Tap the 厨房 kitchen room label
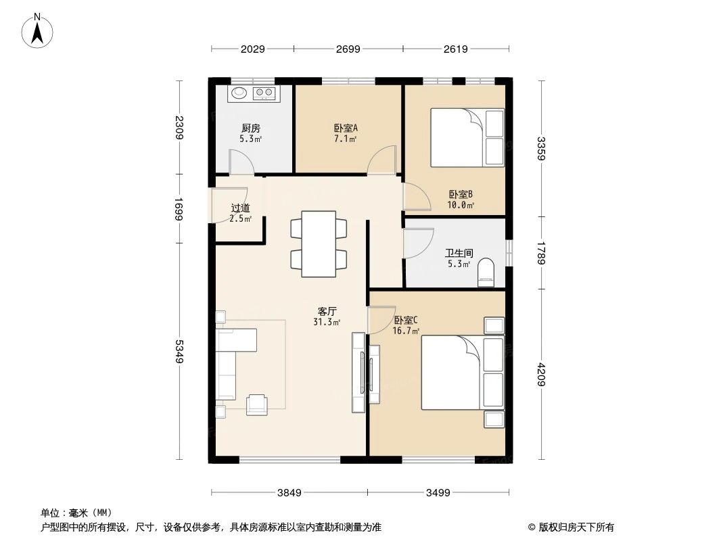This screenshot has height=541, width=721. click(250, 128)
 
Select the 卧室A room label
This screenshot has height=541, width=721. click(345, 128)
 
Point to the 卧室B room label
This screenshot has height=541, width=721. click(459, 195)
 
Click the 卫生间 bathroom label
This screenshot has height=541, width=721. click(458, 254)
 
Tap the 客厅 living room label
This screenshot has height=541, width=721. click(327, 312)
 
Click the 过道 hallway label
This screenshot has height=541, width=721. click(240, 209)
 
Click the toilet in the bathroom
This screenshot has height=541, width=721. click(486, 273)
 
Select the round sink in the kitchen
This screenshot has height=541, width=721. click(239, 93)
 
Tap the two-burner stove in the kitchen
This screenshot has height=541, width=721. click(264, 93)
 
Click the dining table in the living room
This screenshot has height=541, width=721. click(319, 243)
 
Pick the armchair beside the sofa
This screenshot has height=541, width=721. click(256, 403)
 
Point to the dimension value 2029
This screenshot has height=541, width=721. click(252, 49)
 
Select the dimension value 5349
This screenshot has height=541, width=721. click(180, 352)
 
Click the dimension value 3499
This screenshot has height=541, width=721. click(438, 492)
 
